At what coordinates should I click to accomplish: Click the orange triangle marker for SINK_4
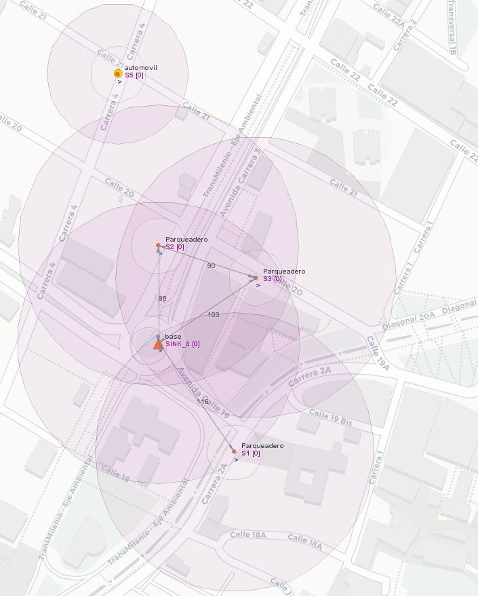[158, 344]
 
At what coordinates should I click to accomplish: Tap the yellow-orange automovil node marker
[118, 73]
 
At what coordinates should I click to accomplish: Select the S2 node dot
[158, 246]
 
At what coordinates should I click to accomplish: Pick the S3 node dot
[256, 278]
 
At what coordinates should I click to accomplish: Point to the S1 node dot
[234, 451]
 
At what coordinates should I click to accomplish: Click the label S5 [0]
[134, 75]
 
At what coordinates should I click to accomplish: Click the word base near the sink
[173, 337]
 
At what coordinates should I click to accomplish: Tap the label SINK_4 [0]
[182, 344]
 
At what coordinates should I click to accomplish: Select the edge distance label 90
[211, 265]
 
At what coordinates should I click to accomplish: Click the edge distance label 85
[162, 299]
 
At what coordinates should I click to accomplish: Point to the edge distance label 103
[214, 314]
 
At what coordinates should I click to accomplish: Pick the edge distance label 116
[202, 402]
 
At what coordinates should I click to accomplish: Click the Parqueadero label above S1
[262, 446]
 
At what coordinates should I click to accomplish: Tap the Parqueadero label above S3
[284, 272]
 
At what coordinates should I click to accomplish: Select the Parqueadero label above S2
[186, 240]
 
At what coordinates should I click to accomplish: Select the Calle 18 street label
[115, 473]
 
